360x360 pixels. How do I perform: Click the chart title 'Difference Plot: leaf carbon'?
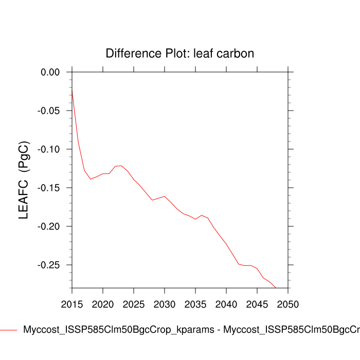tap(179, 53)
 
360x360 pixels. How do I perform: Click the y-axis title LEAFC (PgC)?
tap(24, 180)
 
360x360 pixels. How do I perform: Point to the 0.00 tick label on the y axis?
tap(50, 72)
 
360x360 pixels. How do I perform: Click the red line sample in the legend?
tap(9, 330)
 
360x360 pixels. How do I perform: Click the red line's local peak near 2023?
tap(120, 166)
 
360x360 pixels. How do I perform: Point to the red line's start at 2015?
tap(72, 90)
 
